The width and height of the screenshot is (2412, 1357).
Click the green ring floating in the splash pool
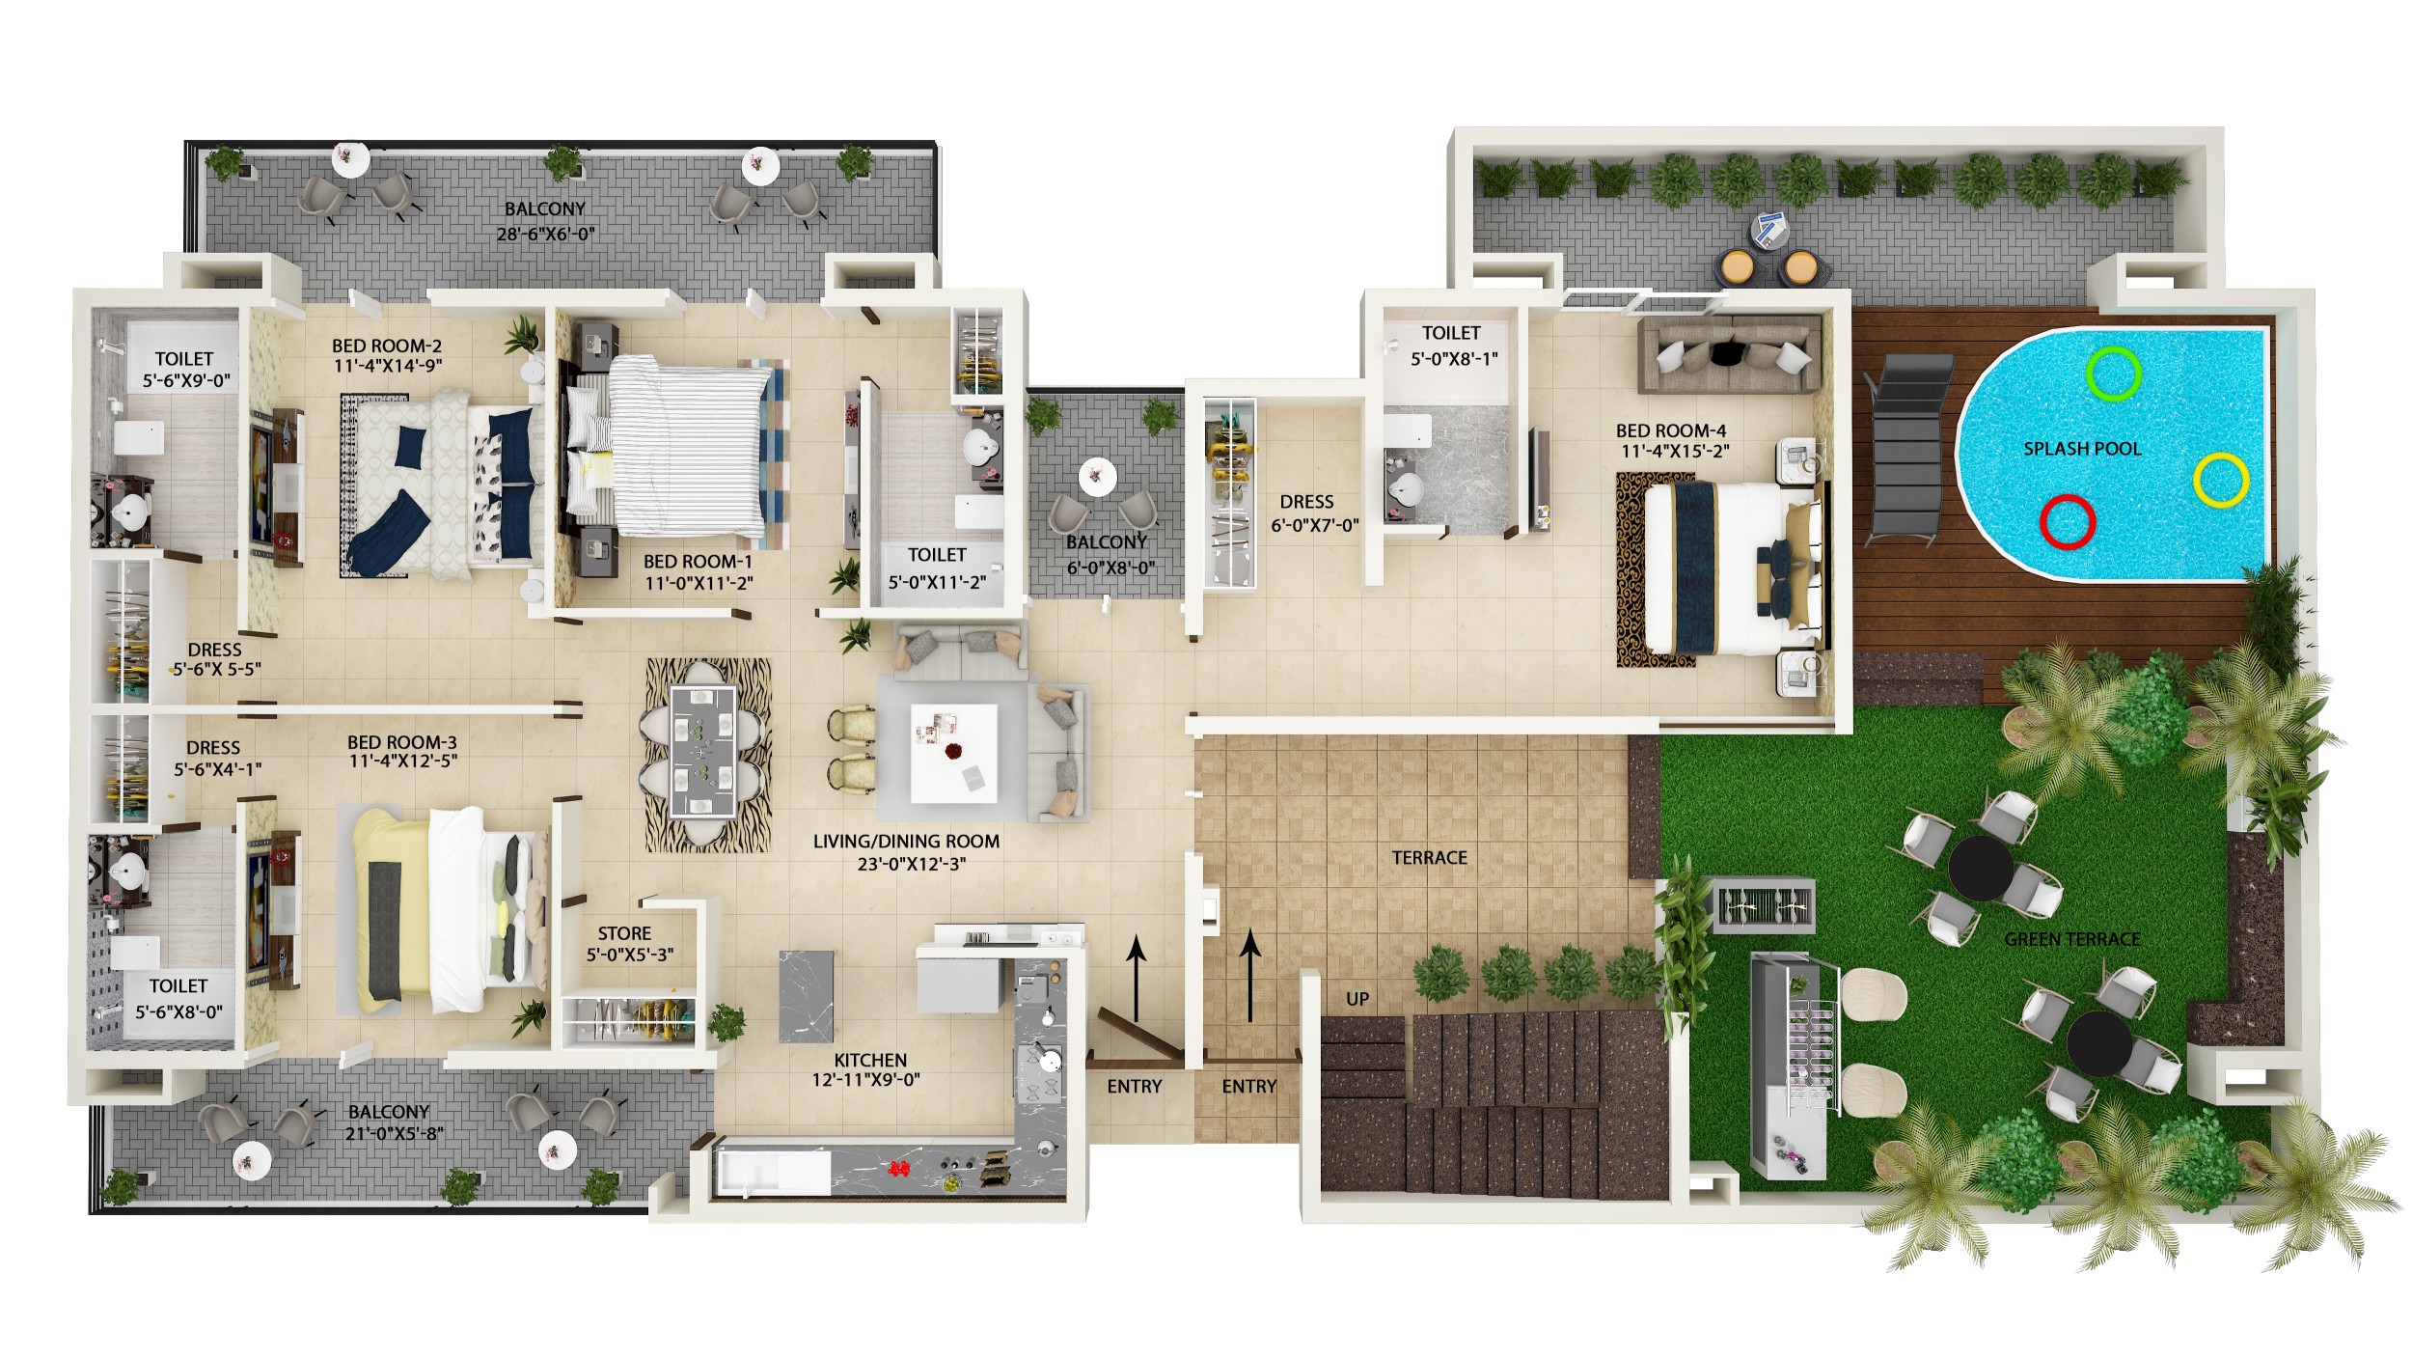click(x=2090, y=374)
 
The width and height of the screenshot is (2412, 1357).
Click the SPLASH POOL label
click(x=2082, y=449)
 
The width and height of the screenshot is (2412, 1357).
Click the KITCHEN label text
click(x=870, y=1060)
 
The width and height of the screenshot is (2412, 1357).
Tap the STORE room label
click(x=624, y=933)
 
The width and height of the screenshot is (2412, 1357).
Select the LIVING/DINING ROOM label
click(x=906, y=842)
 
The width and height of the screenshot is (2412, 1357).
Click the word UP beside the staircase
click(x=1357, y=999)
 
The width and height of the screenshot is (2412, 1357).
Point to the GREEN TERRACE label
click(x=2072, y=939)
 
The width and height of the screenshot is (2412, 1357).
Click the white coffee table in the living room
click(x=954, y=753)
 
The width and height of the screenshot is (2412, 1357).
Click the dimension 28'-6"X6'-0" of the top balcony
click(x=545, y=234)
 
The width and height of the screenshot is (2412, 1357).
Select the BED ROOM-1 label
click(x=698, y=562)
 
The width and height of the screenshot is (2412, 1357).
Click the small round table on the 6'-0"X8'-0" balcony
click(x=1097, y=476)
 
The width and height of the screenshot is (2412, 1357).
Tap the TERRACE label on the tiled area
click(x=1429, y=858)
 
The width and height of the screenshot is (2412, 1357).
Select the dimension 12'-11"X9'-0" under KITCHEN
click(x=865, y=1080)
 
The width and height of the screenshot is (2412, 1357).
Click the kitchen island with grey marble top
click(x=806, y=997)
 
